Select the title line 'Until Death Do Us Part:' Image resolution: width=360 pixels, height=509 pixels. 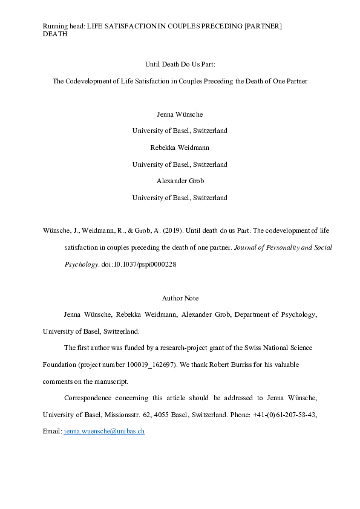[x=180, y=63]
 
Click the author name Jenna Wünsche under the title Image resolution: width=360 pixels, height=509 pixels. [x=180, y=114]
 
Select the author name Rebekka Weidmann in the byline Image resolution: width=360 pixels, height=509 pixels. [x=180, y=147]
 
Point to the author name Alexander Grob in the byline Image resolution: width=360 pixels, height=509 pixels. [x=180, y=180]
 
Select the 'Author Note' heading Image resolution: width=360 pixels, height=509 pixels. [x=180, y=298]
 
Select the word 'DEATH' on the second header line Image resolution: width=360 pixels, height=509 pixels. [x=55, y=34]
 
